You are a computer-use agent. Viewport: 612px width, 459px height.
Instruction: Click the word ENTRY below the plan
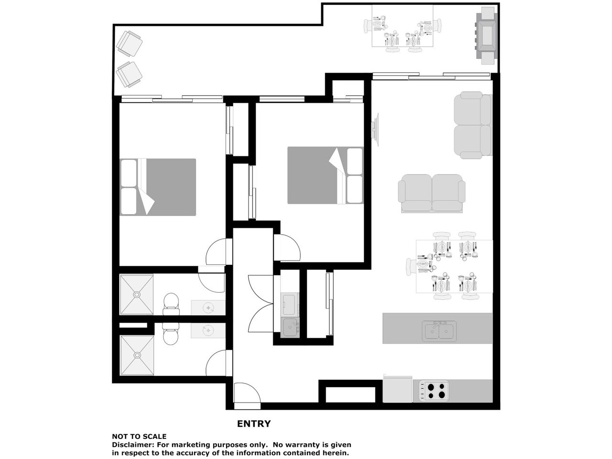coord(253,424)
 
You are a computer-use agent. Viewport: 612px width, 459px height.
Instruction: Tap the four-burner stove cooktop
coord(434,391)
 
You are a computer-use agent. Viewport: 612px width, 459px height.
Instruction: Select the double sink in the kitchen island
coord(439,331)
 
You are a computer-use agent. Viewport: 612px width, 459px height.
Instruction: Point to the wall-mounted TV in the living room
coord(375,129)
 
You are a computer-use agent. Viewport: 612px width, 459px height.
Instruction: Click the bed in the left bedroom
coord(158,187)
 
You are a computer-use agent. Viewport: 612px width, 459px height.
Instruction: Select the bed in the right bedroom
coord(326,175)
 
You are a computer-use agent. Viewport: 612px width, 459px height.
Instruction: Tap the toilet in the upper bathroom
coord(171,304)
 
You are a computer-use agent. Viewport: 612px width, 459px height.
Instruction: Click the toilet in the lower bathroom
coord(170,334)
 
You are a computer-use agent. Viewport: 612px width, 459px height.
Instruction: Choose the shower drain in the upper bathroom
coord(137,295)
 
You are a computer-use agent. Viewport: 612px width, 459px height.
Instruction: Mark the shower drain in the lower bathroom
coord(137,355)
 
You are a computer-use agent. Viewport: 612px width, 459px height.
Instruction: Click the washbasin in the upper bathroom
coord(208,307)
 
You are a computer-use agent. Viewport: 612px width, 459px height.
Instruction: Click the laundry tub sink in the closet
coord(290,328)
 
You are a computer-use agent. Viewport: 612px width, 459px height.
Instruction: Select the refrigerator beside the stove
coord(398,389)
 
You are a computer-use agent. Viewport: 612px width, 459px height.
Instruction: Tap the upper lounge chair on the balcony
coord(129,44)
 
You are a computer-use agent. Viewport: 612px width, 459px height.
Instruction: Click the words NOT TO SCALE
coord(139,437)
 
